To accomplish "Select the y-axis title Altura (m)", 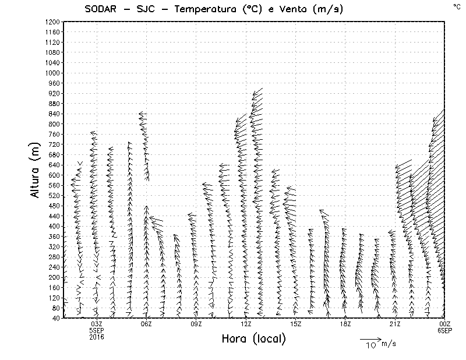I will (x=36, y=170).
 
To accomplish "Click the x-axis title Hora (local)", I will (x=253, y=338).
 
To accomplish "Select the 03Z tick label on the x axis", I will (x=97, y=324).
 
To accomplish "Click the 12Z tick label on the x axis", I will (x=246, y=324).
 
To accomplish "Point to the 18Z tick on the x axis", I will (x=345, y=324).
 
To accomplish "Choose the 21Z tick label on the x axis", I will (x=395, y=324).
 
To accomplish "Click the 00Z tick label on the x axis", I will (x=445, y=324).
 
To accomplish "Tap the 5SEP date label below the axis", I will (x=97, y=330).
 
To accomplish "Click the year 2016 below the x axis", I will (x=97, y=337).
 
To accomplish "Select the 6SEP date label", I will (x=445, y=330).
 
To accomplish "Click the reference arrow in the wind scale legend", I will (x=370, y=338).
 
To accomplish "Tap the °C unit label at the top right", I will (x=456, y=6).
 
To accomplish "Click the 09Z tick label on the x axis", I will (x=196, y=324).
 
